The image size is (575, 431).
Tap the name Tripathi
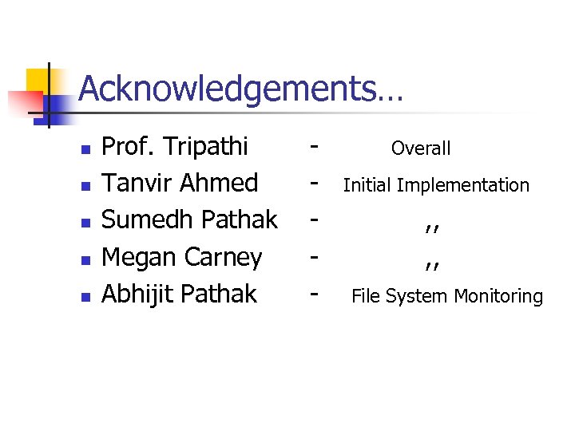click(x=205, y=147)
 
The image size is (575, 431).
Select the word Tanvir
click(x=138, y=184)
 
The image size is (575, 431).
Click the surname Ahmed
click(x=220, y=184)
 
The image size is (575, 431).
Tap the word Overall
click(x=421, y=148)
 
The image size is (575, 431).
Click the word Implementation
click(x=463, y=185)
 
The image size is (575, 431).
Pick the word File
click(x=367, y=297)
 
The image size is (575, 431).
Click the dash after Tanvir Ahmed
click(x=316, y=184)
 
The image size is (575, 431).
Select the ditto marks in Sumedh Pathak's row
click(x=433, y=226)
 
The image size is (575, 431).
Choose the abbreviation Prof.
click(x=129, y=147)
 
